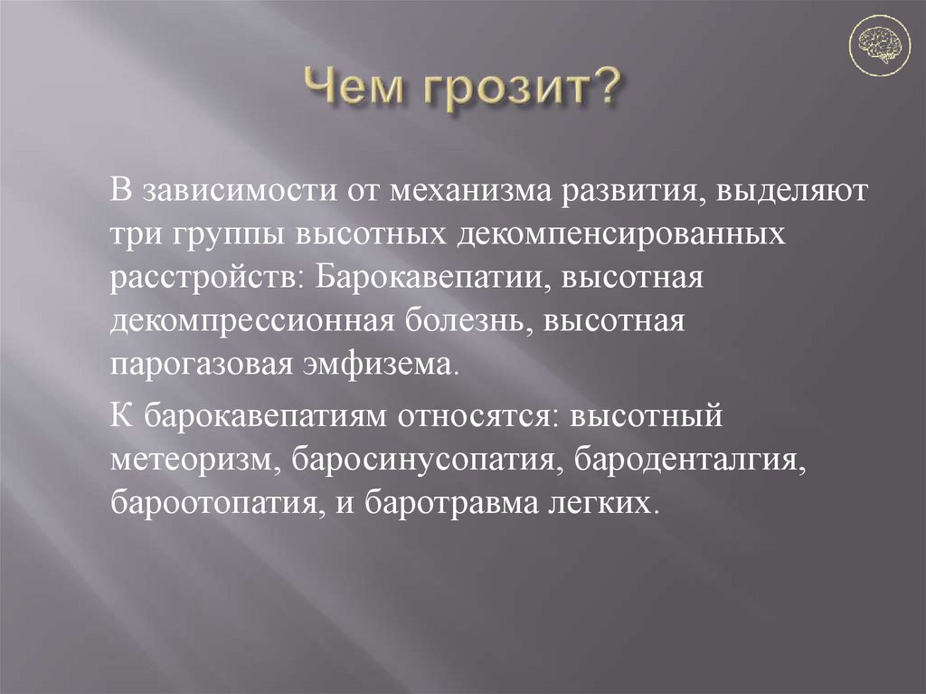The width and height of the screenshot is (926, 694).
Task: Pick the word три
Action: point(135,234)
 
